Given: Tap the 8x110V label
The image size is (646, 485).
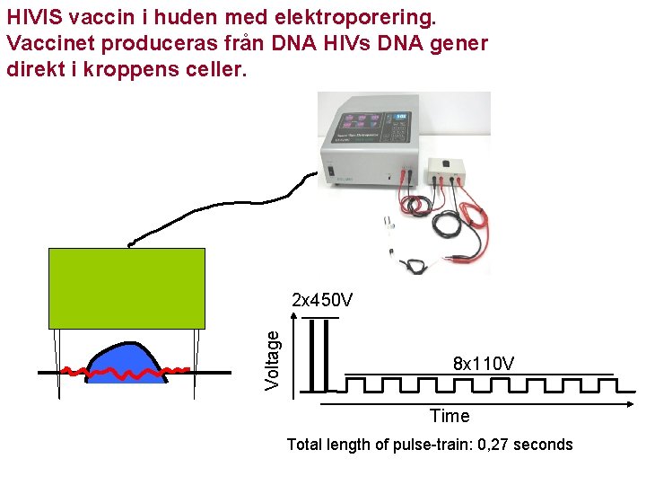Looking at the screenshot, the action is click(484, 364).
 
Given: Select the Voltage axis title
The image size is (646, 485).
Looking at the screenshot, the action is click(275, 356).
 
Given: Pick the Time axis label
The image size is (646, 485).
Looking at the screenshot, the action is click(450, 416).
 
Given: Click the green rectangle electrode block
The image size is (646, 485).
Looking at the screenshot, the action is click(127, 288).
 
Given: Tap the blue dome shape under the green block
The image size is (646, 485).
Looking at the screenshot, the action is click(126, 364).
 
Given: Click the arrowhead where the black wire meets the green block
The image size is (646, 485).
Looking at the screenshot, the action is click(132, 243).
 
